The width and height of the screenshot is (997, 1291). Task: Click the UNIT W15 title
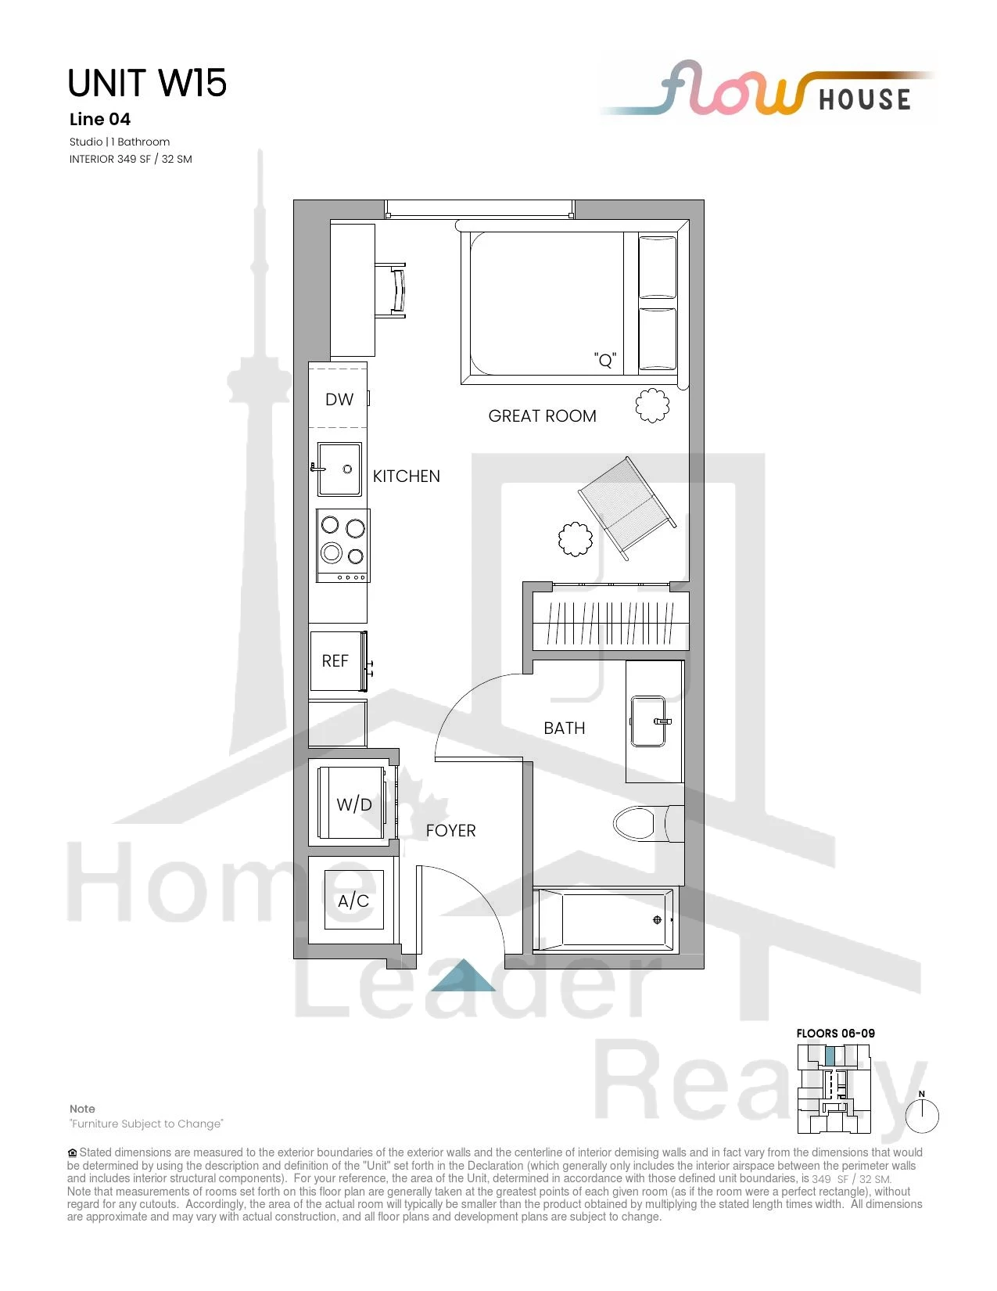(x=147, y=83)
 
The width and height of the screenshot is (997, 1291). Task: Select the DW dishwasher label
(x=339, y=399)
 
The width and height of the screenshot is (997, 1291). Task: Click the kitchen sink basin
(x=339, y=469)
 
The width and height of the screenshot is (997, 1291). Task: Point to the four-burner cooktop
(x=342, y=545)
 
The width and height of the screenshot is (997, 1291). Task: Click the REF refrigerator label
(x=335, y=660)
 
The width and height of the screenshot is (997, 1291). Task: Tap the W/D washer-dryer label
(x=354, y=804)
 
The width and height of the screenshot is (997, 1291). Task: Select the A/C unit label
(x=353, y=901)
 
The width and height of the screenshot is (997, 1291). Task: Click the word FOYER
(x=450, y=831)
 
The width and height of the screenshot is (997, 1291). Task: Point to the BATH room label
(x=564, y=728)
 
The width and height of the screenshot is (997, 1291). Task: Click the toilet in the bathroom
(x=648, y=823)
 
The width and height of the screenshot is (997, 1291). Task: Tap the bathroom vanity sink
(x=647, y=721)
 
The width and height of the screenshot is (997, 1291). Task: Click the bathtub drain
(x=657, y=920)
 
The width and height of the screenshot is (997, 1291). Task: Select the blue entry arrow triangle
(x=463, y=977)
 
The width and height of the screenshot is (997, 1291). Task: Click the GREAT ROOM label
(x=542, y=416)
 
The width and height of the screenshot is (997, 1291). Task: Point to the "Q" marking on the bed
(x=605, y=360)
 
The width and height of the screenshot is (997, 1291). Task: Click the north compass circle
(x=922, y=1116)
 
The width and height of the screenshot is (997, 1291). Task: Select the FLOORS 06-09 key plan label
(x=835, y=1033)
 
